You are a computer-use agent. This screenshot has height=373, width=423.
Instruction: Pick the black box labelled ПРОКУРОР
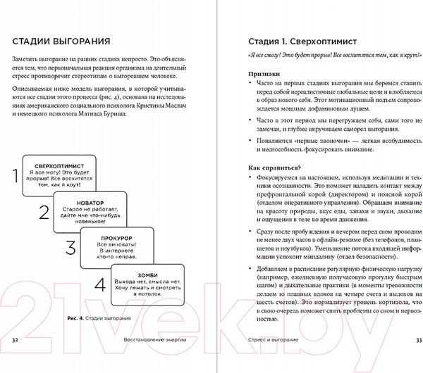click(x=118, y=246)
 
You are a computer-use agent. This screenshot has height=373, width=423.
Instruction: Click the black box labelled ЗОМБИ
click(x=147, y=282)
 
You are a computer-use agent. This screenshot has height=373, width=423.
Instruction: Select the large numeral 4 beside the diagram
click(x=100, y=284)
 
